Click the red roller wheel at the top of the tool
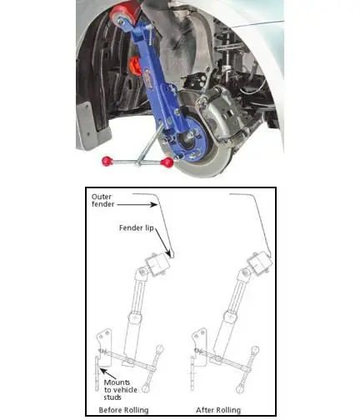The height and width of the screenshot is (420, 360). pos(123,15)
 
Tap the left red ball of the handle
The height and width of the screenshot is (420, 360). pos(107,161)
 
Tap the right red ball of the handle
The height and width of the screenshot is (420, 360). pos(167,162)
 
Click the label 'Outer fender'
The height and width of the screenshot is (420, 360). pos(102,200)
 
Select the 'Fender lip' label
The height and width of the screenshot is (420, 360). pos(137,228)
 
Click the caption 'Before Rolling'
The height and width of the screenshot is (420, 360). pos(123,410)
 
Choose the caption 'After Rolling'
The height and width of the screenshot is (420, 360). pos(218,410)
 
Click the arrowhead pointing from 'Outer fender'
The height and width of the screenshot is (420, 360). pos(154,205)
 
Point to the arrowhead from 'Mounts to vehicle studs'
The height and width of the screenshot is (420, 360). pos(102,370)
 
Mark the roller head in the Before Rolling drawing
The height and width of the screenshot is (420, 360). pos(157,265)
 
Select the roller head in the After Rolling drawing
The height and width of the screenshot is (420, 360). pos(258,263)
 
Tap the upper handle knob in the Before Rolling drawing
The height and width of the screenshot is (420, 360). pos(160,349)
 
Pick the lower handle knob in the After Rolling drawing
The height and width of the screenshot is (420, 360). pos(240,388)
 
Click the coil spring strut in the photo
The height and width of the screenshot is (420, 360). pos(226,56)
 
